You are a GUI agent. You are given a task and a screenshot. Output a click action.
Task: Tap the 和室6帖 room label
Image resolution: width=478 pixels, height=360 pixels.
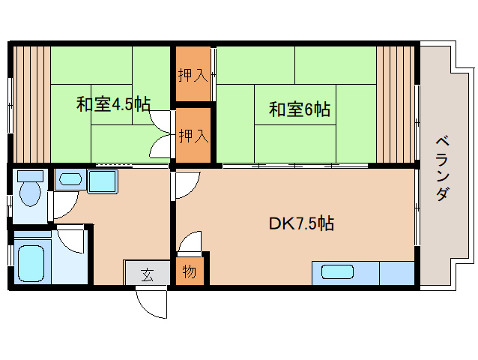click(x=300, y=109)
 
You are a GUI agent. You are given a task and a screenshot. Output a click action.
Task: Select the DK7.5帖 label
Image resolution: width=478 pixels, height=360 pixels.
click(x=301, y=223)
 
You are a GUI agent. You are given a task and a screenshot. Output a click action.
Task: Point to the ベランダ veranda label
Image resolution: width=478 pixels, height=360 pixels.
click(x=443, y=169)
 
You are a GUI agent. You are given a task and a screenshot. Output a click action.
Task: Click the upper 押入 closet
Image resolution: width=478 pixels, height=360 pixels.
click(x=193, y=74)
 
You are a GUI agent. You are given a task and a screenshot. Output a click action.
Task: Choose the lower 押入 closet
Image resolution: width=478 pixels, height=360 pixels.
click(x=193, y=136)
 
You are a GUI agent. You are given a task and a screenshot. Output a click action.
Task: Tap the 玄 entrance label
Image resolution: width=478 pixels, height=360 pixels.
click(x=147, y=274)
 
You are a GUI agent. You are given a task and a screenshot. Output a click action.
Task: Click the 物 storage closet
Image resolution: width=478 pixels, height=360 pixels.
click(x=189, y=271)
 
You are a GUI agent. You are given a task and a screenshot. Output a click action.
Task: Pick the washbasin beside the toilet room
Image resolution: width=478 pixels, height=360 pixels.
click(x=70, y=179)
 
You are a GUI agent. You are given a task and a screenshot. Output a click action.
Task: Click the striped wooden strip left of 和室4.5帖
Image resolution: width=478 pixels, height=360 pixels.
click(x=30, y=103)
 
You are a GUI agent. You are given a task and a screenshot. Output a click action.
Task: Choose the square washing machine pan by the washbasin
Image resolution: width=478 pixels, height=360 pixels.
click(x=102, y=181)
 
